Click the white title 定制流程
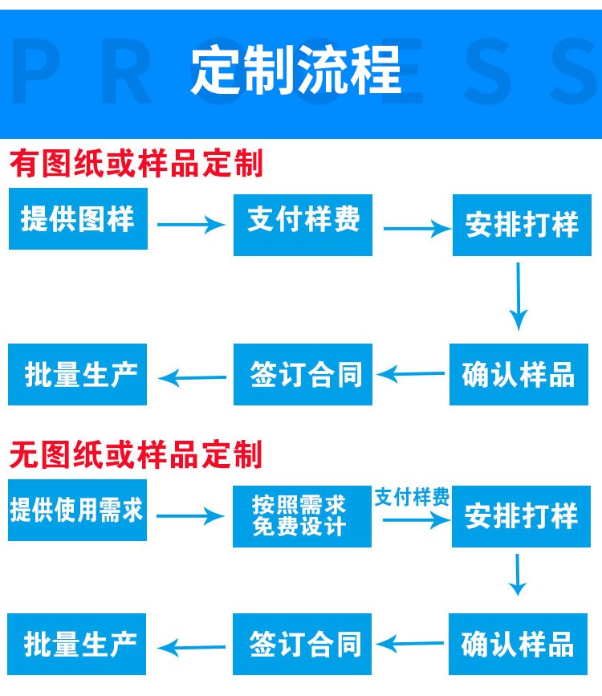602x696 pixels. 296,70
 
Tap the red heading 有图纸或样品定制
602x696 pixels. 136,163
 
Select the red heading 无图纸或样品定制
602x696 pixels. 136,454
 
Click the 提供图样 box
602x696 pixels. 78,218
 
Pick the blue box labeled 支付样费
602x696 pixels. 303,225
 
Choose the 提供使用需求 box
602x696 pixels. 77,510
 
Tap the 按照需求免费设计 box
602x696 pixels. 302,516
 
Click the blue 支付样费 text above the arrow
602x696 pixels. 412,497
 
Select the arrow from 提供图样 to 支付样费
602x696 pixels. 191,224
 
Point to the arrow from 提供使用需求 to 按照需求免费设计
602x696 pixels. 190,516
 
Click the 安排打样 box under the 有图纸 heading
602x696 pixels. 522,225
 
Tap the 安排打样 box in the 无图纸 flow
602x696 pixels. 521,516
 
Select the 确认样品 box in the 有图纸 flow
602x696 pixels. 519,374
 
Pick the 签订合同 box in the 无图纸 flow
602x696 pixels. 302,644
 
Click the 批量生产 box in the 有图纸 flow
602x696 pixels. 77,374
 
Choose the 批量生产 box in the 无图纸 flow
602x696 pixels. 76,644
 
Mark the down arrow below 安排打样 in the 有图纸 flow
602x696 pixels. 518,296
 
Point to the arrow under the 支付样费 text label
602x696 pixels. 417,519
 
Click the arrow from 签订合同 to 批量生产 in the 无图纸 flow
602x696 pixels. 191,648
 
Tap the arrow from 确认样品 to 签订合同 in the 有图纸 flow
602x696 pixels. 411,374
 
